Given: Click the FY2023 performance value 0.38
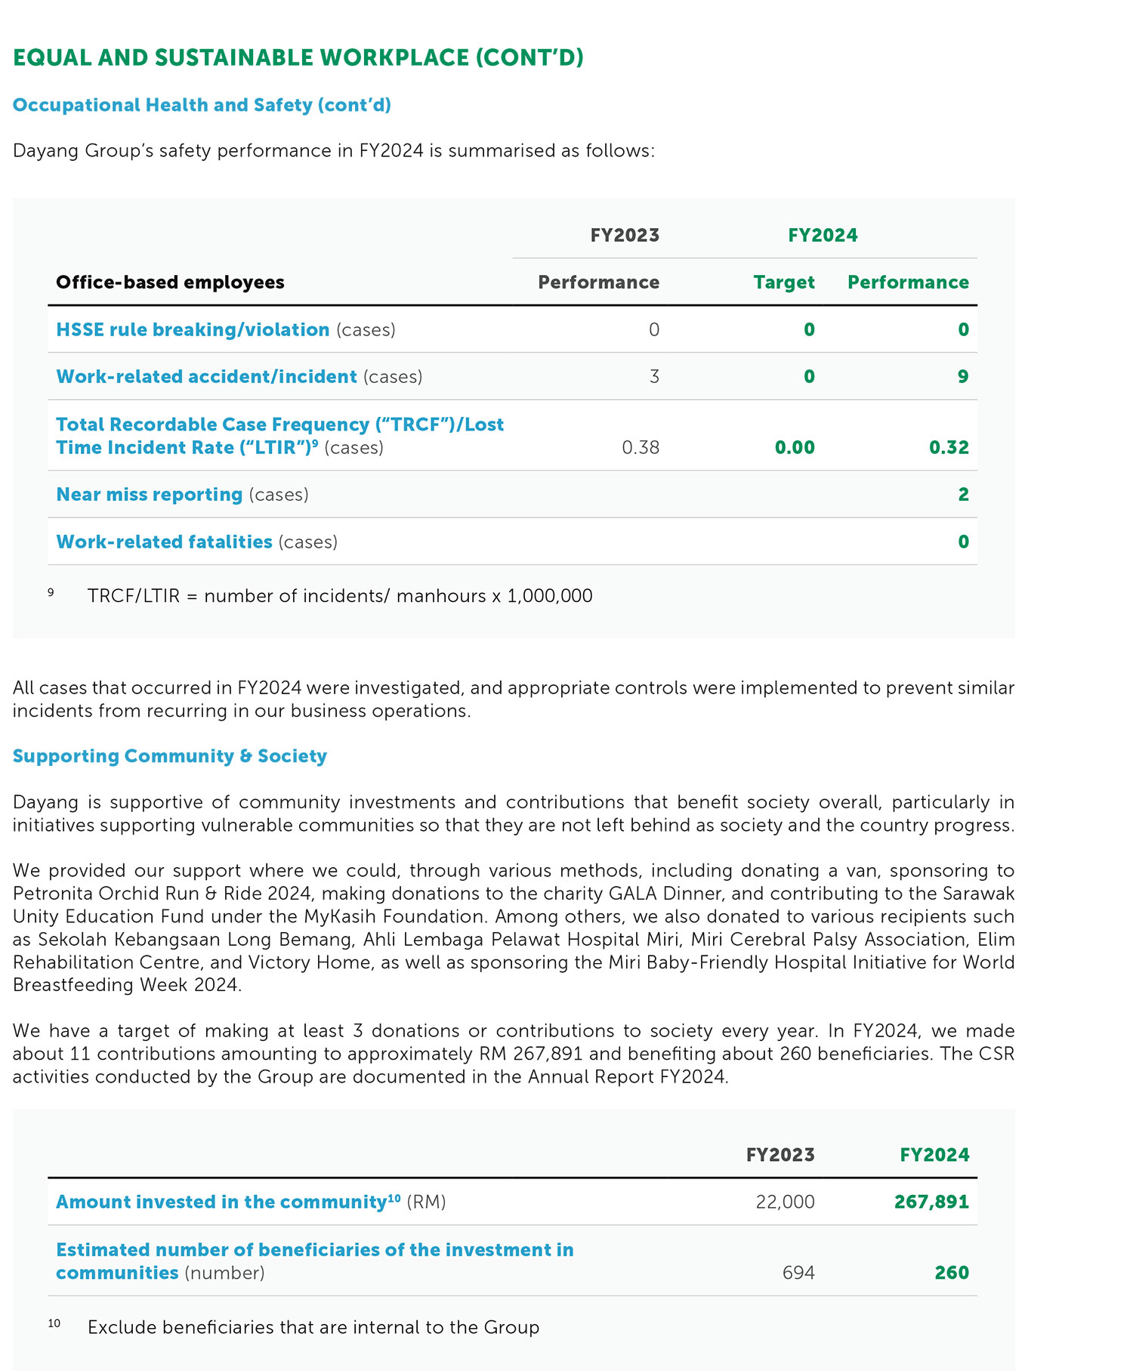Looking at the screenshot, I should click(x=641, y=448).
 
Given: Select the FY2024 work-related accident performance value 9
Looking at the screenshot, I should click(x=963, y=377).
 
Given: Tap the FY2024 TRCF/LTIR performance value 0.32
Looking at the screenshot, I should click(x=949, y=448).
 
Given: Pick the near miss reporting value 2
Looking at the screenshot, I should click(x=963, y=495).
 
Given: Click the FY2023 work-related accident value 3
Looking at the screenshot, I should click(x=654, y=377).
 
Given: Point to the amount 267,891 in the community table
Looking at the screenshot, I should click(x=931, y=1202).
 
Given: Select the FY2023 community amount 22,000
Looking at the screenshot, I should click(x=785, y=1202).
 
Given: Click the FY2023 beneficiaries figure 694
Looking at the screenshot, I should click(x=798, y=1273).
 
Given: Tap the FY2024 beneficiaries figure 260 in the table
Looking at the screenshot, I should click(x=952, y=1273).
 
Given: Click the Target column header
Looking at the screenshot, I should click(x=784, y=283).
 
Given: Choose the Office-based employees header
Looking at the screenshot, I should click(x=170, y=283).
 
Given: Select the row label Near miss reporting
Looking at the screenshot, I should click(x=150, y=495).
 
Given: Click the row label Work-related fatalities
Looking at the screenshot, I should click(x=164, y=542).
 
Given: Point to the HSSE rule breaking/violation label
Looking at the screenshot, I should click(x=193, y=330).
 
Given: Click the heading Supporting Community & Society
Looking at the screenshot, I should click(x=170, y=756).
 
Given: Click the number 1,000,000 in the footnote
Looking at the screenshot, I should click(x=549, y=596).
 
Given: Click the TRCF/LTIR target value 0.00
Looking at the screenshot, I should click(x=795, y=448).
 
